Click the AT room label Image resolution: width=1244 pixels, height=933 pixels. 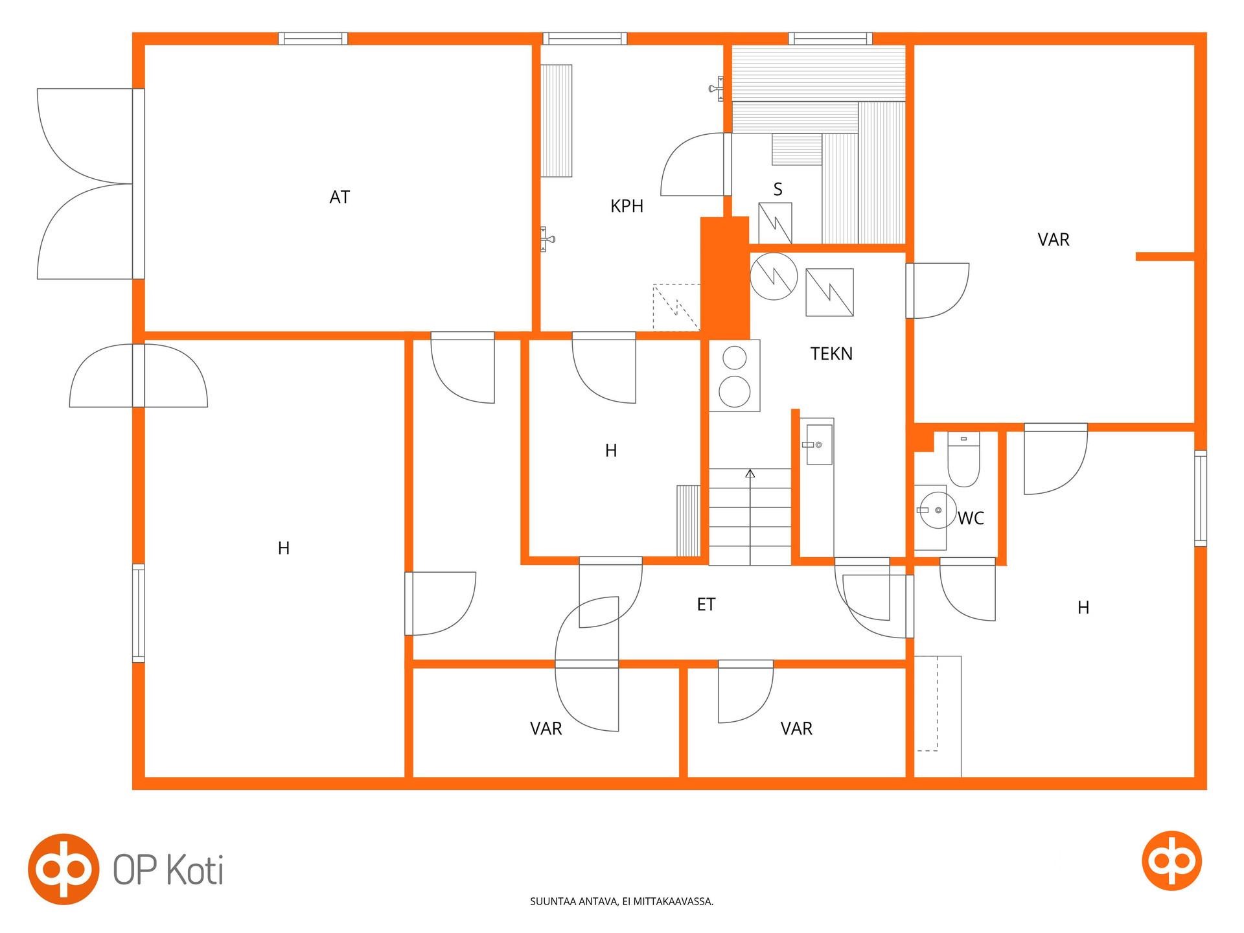pos(340,197)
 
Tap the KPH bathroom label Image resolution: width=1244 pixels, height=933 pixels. pos(627,206)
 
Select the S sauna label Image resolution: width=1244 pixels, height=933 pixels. pos(777,189)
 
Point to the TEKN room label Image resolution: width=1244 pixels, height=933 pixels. pos(831,354)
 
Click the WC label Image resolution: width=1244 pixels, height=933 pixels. pos(971,518)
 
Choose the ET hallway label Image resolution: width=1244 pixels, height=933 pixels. pos(706,605)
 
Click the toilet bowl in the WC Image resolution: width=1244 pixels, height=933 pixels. pos(963,459)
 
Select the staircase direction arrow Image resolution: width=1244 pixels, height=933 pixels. pos(750,517)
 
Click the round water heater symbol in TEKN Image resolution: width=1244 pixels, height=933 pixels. pos(774,276)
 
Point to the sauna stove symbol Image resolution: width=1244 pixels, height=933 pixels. pos(775,223)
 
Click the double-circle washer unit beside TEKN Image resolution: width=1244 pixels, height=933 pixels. pos(735,376)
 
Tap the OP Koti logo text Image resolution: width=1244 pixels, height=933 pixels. pos(168,870)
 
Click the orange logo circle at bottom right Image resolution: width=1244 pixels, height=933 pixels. pos(1171,860)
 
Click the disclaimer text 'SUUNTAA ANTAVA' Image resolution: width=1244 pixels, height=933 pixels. pos(573,901)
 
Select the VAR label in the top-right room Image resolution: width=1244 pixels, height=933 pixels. pos(1054,240)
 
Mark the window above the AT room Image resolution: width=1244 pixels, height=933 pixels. pos(313,39)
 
